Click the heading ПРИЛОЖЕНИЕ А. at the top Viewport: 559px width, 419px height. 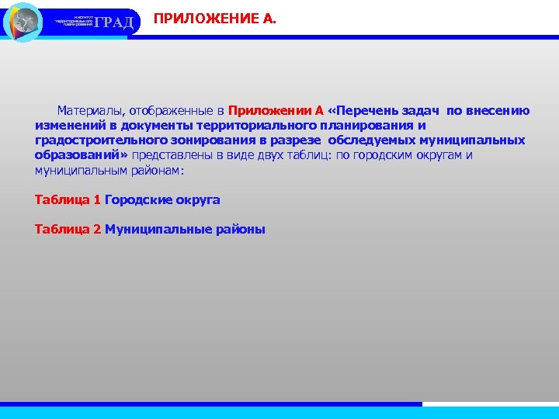click(x=214, y=17)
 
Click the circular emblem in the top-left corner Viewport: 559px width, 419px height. click(x=23, y=22)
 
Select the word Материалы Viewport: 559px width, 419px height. click(x=92, y=111)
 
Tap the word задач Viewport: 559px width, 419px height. click(x=424, y=111)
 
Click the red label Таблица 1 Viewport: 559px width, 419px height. click(x=68, y=200)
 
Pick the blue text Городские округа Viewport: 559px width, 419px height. click(x=162, y=200)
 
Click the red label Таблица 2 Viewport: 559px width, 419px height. click(x=68, y=230)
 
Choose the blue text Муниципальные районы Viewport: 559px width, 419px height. click(x=185, y=230)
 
